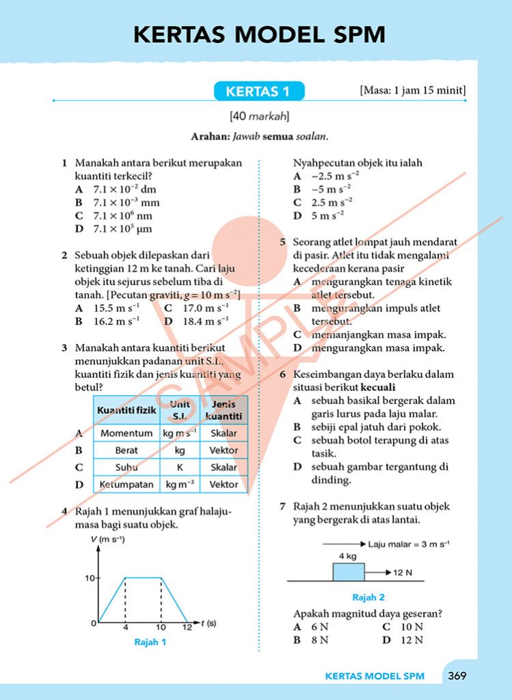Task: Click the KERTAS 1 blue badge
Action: tap(258, 91)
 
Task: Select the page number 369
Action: tap(457, 676)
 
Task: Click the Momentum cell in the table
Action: tap(126, 433)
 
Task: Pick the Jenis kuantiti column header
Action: tap(224, 410)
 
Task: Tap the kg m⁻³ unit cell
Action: tap(180, 485)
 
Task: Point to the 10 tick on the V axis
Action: tap(89, 578)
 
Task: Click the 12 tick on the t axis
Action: tap(187, 628)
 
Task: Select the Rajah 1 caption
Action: tap(150, 642)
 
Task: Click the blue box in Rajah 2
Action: tap(349, 571)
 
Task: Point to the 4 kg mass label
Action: tap(348, 556)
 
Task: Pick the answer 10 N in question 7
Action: tap(412, 627)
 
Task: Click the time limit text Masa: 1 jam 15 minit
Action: tap(412, 90)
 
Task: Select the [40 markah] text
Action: tap(259, 116)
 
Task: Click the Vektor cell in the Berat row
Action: tap(224, 450)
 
